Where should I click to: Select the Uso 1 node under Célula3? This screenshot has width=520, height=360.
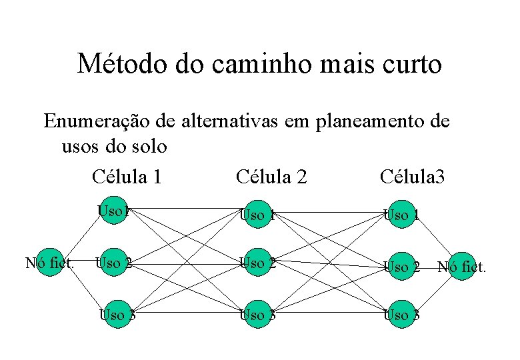click(x=402, y=215)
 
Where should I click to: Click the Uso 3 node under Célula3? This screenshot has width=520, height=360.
click(x=402, y=314)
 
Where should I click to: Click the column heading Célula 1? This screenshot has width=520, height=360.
click(x=127, y=177)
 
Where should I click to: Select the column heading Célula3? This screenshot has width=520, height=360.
click(x=412, y=177)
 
